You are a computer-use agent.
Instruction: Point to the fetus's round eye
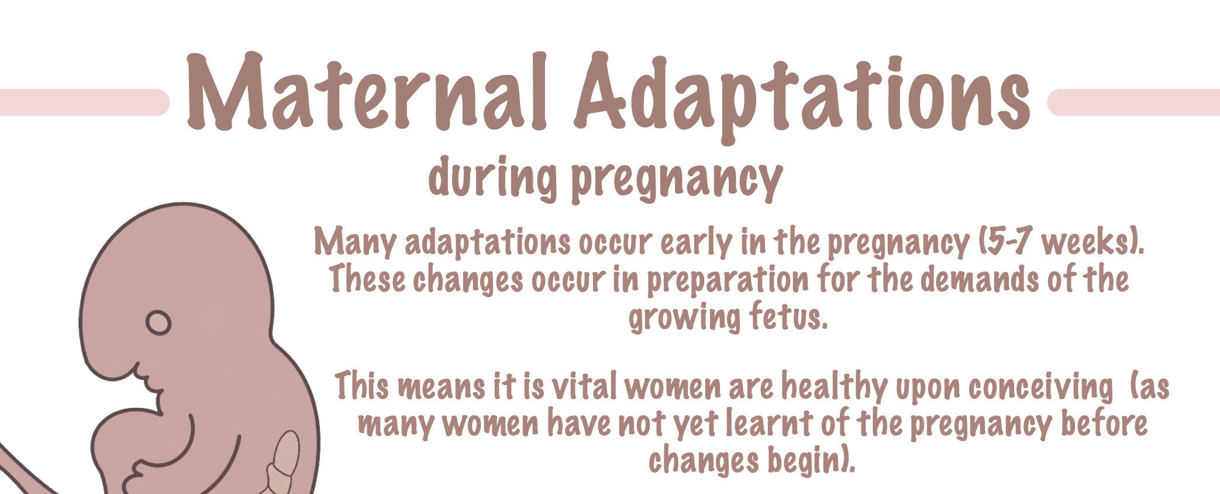(158, 323)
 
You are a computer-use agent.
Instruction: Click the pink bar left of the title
(82, 102)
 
